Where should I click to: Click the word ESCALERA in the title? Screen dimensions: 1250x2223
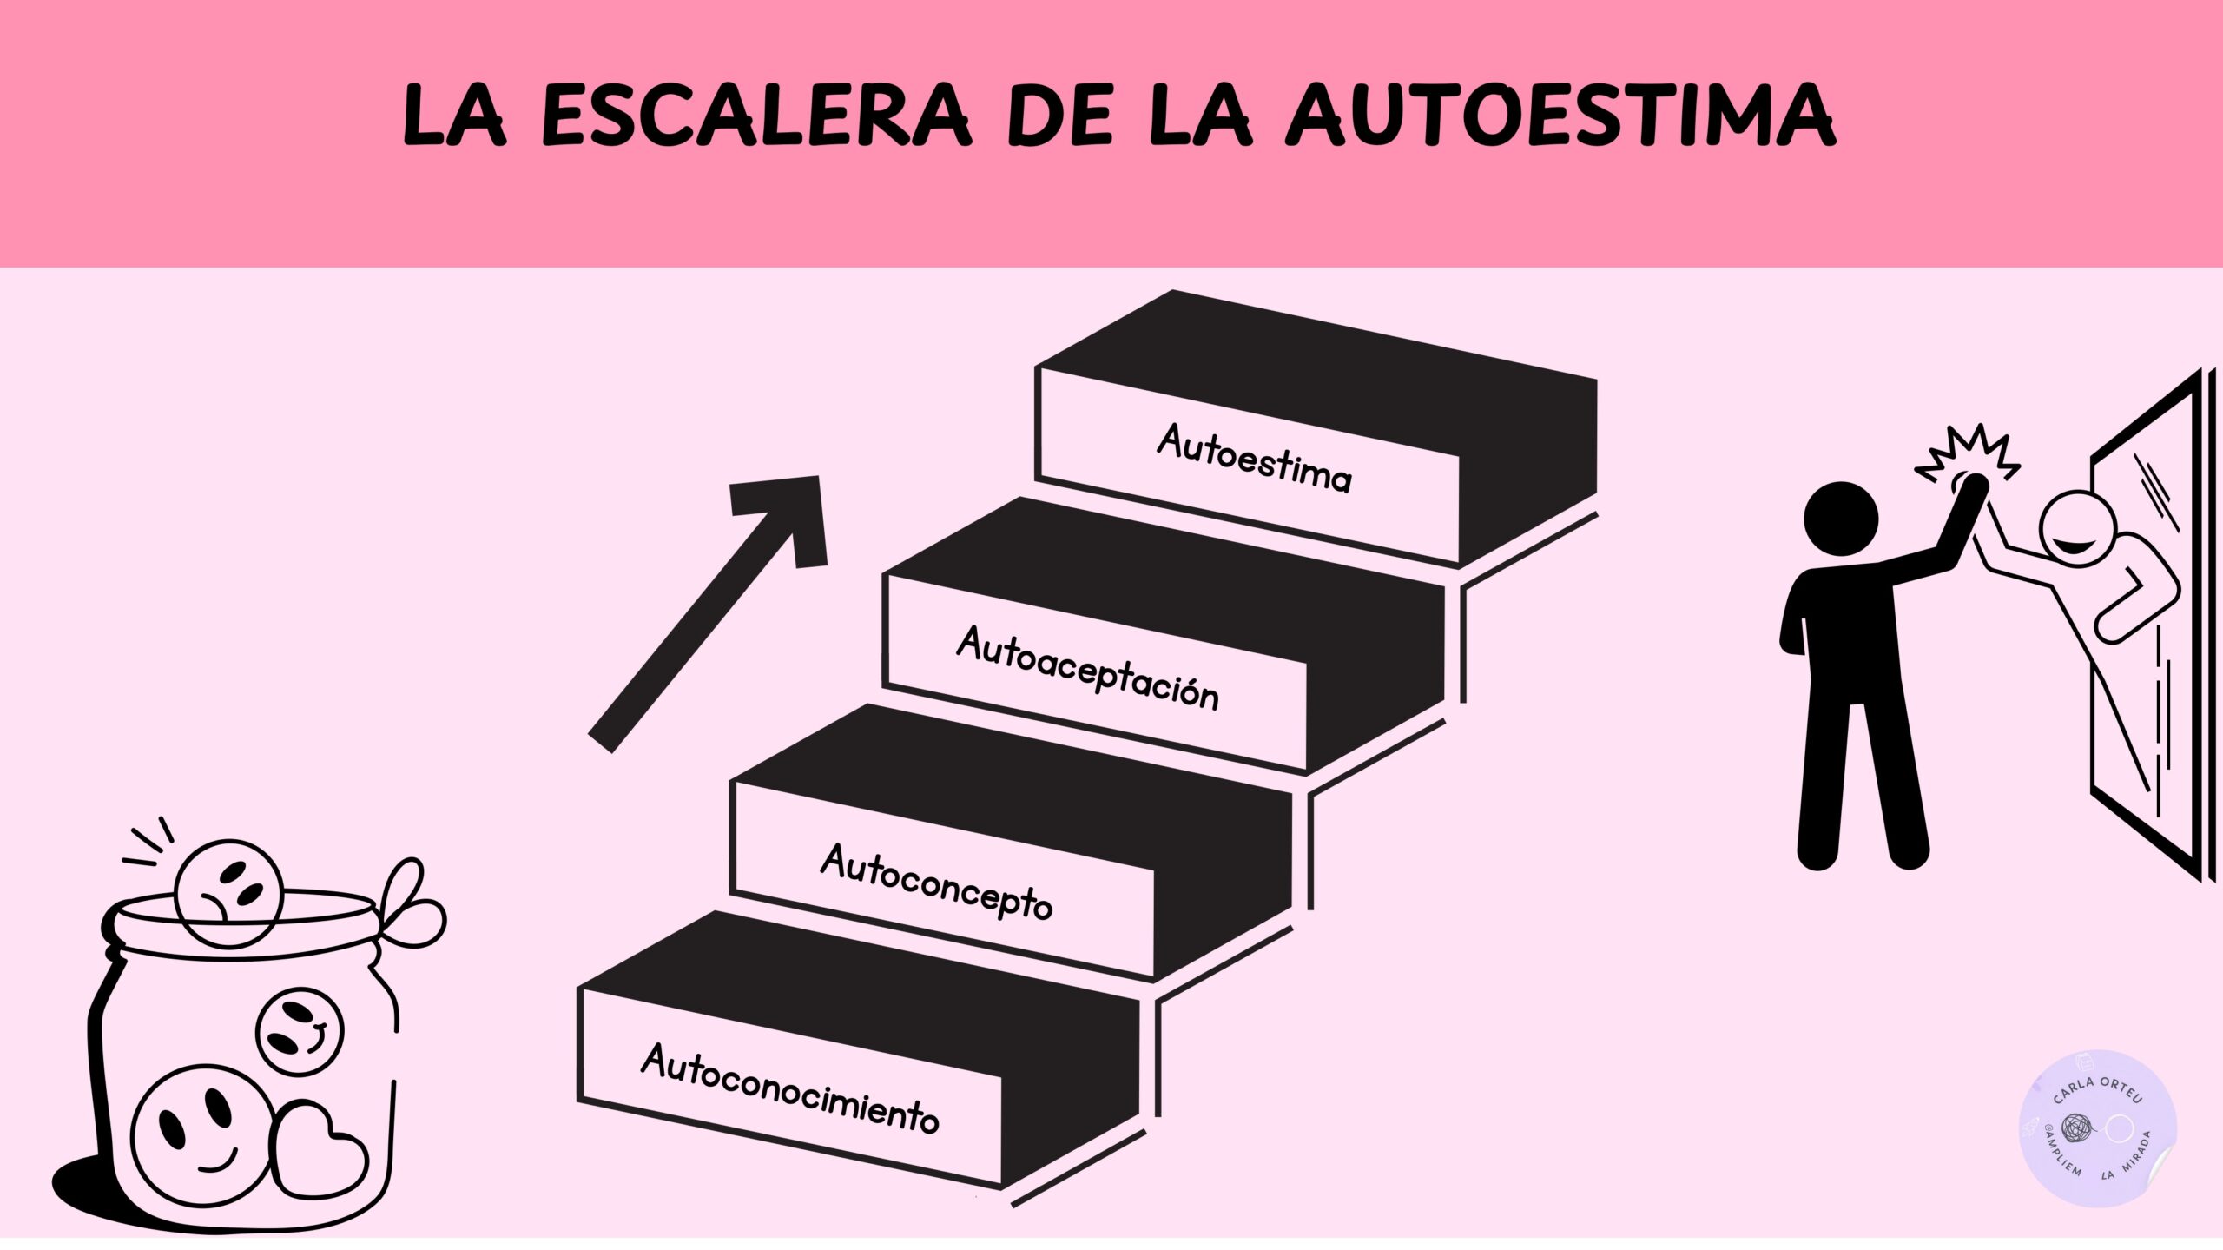click(x=755, y=116)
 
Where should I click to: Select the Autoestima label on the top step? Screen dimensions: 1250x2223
click(x=1254, y=458)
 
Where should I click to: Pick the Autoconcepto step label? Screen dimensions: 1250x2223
click(x=936, y=882)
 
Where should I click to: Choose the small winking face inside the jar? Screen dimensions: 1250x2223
click(x=300, y=1032)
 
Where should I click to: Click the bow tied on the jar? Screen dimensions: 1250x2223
click(x=412, y=903)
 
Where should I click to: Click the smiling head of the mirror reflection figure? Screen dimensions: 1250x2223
click(x=2077, y=528)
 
